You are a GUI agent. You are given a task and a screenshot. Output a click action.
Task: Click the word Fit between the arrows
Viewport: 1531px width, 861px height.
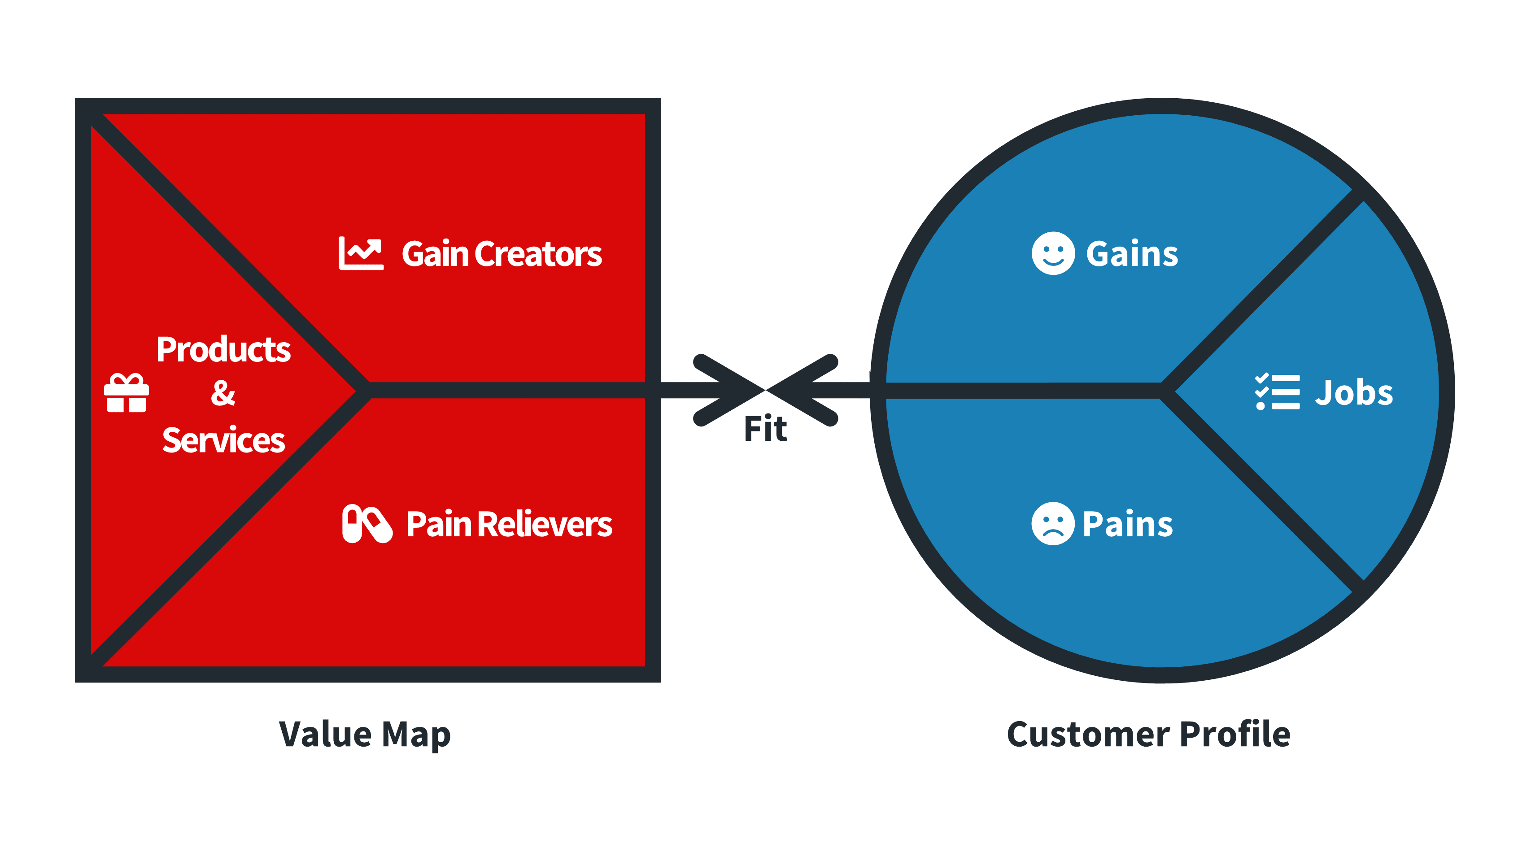coord(765,429)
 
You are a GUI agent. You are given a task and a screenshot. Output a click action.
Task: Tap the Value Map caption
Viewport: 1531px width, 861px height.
coord(365,735)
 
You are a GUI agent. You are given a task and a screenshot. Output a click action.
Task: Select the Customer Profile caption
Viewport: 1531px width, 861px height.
coord(1148,735)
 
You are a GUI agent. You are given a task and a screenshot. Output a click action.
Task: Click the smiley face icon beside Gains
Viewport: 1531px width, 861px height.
coord(1052,253)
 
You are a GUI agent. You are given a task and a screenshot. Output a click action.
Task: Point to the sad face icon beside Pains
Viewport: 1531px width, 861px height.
coord(1052,523)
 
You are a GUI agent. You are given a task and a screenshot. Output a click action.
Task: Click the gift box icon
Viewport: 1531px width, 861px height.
coord(126,393)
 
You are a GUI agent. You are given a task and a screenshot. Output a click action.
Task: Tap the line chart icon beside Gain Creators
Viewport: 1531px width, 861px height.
coord(361,253)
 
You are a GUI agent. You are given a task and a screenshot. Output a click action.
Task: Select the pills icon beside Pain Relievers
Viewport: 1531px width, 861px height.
coord(366,523)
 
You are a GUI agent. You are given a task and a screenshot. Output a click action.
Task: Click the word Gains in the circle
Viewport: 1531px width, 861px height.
coord(1132,254)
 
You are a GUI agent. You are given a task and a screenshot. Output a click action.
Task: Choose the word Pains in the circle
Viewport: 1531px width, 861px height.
coord(1127,525)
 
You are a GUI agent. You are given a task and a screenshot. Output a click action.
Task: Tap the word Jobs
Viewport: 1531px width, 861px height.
coord(1353,393)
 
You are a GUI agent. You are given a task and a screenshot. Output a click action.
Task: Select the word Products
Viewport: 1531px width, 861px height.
coord(223,349)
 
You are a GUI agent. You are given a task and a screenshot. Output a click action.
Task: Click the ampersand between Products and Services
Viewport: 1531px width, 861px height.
coord(223,393)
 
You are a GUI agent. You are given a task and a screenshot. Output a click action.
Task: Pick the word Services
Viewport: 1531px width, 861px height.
coord(223,440)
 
